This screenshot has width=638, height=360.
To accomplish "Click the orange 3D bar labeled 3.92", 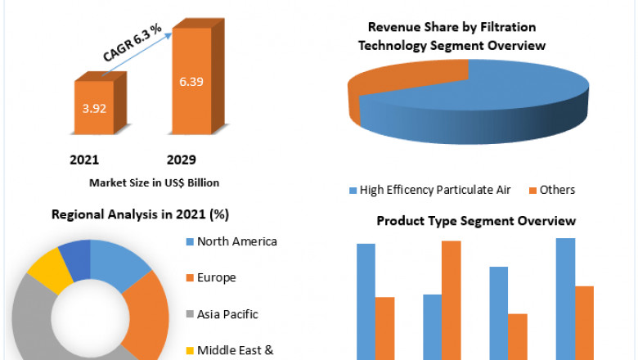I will (97, 106).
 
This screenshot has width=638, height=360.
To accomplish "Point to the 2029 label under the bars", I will (181, 159).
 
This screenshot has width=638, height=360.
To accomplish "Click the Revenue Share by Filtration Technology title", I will (452, 37).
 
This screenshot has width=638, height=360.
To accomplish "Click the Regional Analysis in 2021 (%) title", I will (140, 215).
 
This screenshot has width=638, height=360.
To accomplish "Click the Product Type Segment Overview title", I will (476, 221).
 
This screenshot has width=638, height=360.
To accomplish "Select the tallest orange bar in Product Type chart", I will (451, 299).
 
